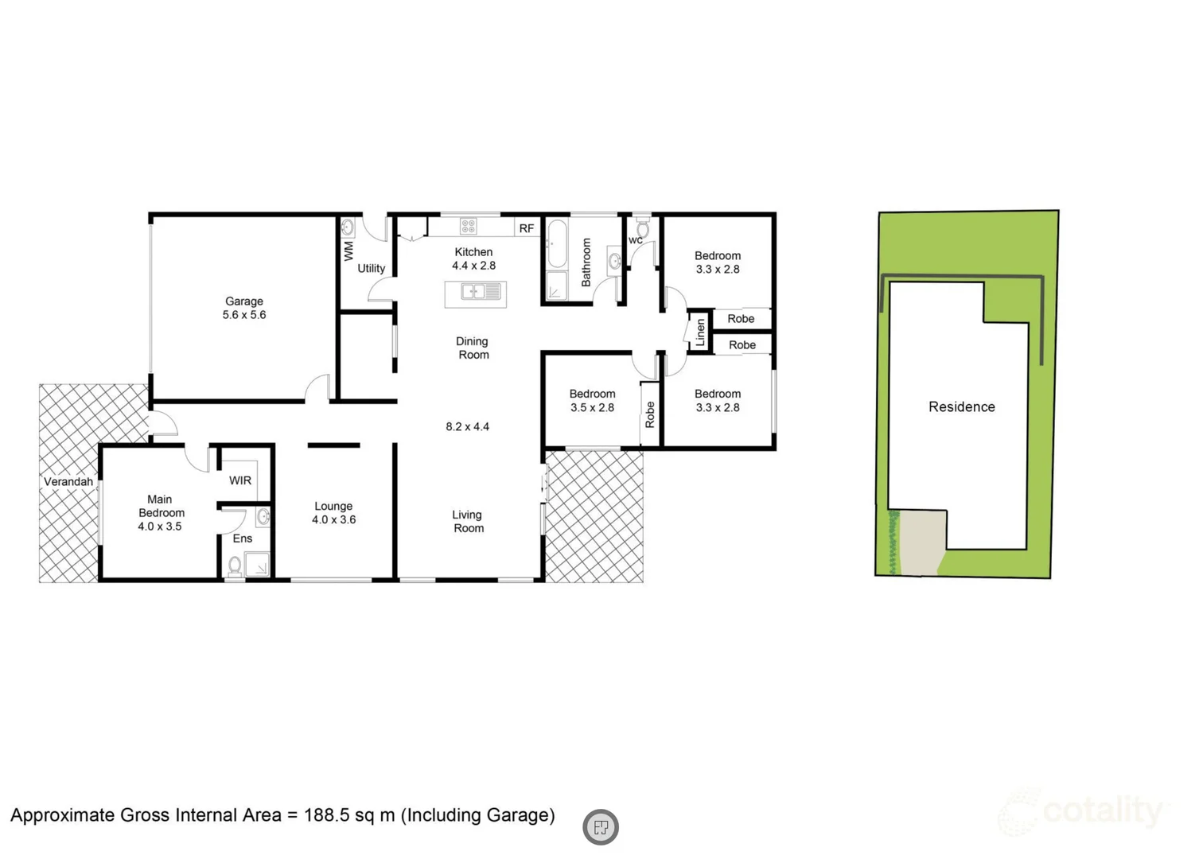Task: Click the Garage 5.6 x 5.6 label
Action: (x=244, y=308)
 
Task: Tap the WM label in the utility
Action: (x=348, y=251)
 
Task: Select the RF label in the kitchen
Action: (x=526, y=228)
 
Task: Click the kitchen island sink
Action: (x=474, y=293)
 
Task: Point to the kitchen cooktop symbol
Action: (x=469, y=227)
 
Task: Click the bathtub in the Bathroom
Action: (x=556, y=244)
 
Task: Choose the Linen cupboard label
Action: (x=700, y=332)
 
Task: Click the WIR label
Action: (x=240, y=480)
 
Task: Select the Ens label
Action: (x=243, y=538)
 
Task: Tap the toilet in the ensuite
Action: (x=235, y=566)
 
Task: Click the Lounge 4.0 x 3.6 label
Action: (x=333, y=513)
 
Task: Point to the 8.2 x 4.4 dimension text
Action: (x=468, y=427)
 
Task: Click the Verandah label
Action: (x=68, y=482)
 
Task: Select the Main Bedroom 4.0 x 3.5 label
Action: (x=160, y=513)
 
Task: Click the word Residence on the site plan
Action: (x=961, y=407)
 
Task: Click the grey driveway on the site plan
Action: (x=923, y=543)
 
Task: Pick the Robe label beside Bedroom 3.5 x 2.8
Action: (x=650, y=414)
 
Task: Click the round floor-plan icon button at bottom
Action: (x=601, y=827)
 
